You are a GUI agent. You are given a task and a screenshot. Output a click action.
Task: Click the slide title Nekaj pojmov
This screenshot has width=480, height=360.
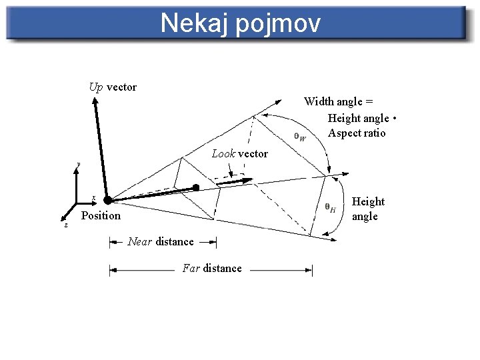coord(240,23)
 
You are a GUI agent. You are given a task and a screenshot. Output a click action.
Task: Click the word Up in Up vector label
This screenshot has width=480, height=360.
coord(96,87)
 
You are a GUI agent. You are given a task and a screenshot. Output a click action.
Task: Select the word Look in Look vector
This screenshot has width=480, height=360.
coord(223,154)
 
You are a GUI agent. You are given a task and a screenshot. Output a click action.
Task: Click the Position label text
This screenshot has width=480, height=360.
coord(101,215)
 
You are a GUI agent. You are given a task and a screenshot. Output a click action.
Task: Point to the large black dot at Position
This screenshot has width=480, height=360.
coord(107,199)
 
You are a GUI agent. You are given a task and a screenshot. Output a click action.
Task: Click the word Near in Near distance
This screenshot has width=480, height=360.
coord(140,241)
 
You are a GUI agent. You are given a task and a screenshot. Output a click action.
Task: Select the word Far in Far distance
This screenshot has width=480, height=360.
coord(191,268)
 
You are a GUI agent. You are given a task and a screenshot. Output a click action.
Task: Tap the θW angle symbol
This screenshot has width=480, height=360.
coord(299,137)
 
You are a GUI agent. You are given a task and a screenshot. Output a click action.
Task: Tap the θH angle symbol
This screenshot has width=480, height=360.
coord(330,207)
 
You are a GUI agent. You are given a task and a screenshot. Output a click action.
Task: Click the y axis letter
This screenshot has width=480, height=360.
coord(78,163)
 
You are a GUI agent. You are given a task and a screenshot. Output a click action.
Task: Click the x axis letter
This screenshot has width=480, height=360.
coord(93,197)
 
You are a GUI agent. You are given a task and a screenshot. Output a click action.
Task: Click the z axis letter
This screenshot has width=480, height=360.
coord(65,225)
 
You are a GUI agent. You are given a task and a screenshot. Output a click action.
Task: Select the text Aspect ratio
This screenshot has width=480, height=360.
coord(357,133)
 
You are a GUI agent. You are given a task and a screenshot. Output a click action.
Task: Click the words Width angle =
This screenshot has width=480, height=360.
coord(338,101)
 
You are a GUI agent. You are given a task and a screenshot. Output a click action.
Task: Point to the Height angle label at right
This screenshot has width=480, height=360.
coord(367,209)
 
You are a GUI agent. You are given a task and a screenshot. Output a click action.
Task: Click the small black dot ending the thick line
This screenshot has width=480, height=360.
coord(196,187)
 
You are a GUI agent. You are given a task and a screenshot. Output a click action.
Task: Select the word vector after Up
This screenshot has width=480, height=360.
coord(121,87)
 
